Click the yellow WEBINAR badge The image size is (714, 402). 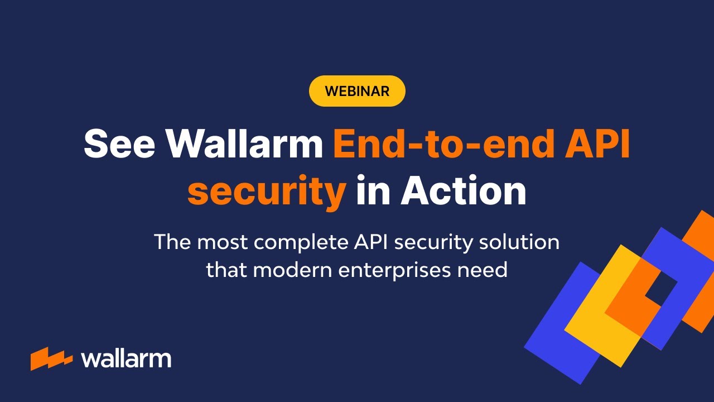[x=357, y=91]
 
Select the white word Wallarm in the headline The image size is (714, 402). [x=245, y=143]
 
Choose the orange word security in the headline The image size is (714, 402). [x=267, y=192]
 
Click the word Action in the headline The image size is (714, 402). [x=463, y=190]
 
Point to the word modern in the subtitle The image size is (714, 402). [x=295, y=270]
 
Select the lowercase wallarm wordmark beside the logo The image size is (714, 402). [x=126, y=359]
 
